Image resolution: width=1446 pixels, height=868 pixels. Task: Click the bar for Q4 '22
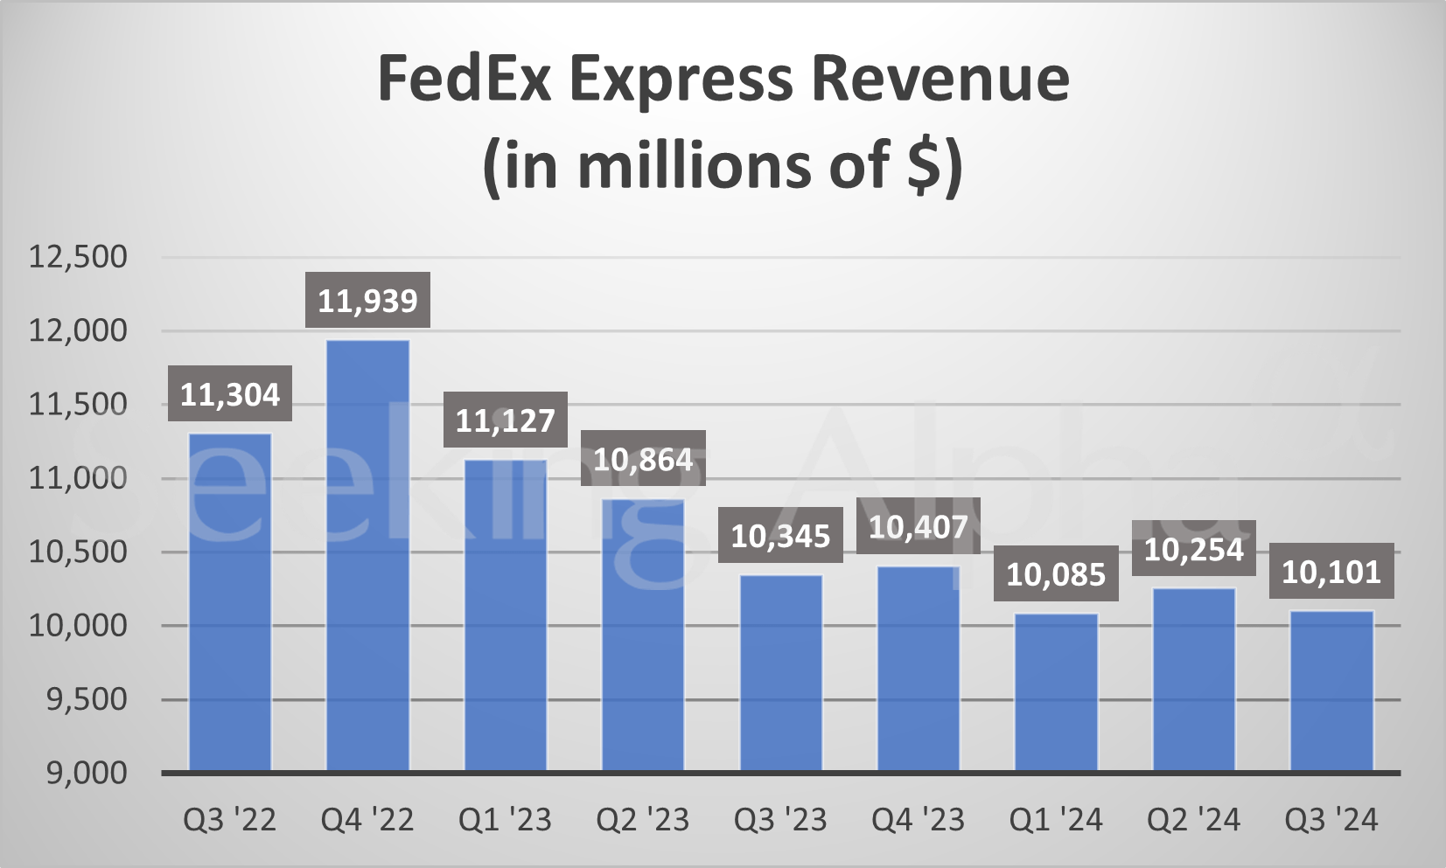click(367, 555)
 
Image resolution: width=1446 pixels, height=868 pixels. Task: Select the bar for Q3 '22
click(230, 602)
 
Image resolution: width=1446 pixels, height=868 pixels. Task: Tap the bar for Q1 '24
click(1056, 692)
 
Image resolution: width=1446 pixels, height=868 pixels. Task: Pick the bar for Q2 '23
click(643, 635)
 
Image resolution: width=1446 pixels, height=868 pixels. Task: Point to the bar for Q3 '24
click(1331, 691)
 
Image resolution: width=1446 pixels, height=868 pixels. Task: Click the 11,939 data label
click(367, 302)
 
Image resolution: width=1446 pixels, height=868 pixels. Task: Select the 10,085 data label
click(1056, 575)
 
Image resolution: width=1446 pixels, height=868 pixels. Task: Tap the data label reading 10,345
click(780, 536)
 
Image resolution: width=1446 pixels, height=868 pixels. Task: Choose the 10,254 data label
click(1194, 549)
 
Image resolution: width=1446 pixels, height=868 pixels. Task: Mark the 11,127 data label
click(505, 421)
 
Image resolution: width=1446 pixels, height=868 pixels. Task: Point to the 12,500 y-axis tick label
click(78, 257)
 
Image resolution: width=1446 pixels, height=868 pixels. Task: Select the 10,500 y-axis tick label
click(78, 552)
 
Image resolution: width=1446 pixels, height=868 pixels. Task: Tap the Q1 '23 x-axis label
click(505, 820)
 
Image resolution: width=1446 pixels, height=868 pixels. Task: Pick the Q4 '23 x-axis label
click(918, 820)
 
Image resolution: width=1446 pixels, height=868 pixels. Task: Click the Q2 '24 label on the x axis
click(1194, 820)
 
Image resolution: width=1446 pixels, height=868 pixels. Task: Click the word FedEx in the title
click(465, 80)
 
